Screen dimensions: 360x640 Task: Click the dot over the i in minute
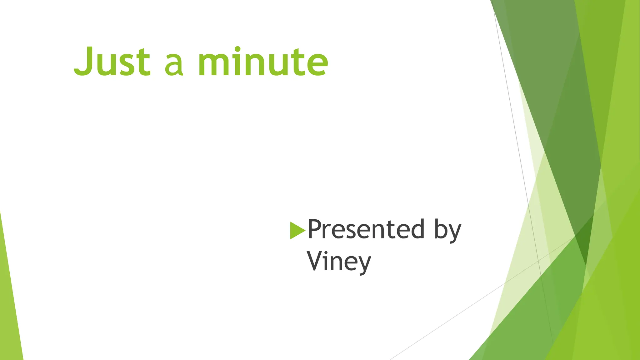click(x=237, y=49)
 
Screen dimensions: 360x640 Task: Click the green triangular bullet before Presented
click(x=297, y=230)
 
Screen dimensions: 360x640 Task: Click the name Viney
click(x=339, y=262)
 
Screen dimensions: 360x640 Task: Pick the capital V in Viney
click(x=316, y=261)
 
